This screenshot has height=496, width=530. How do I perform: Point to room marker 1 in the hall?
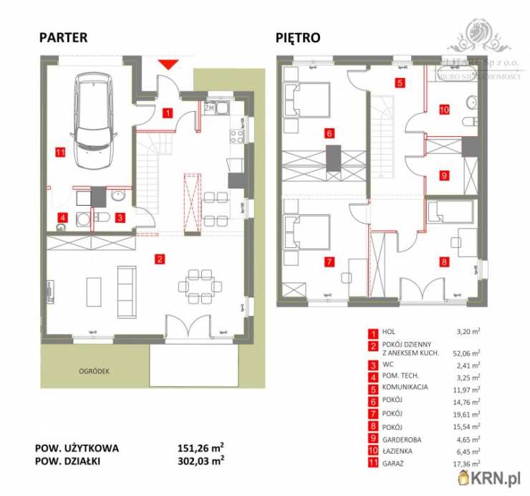166,112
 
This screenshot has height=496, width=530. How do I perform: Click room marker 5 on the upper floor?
400,83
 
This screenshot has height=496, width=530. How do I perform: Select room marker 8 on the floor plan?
444,262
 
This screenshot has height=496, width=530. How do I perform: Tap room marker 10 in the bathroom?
444,110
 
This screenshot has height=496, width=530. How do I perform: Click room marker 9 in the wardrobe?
444,175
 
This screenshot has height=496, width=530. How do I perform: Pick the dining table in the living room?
195,287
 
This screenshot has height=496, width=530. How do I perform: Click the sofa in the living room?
127,292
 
